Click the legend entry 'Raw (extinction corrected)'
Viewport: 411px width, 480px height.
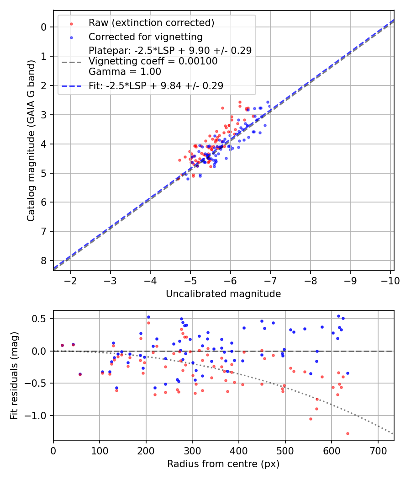(151, 23)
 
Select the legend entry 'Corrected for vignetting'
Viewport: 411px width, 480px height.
(145, 37)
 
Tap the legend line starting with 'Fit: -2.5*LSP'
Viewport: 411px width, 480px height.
(156, 85)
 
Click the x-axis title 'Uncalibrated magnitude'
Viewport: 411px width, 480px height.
(223, 294)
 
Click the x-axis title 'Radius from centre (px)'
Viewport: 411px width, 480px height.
(223, 464)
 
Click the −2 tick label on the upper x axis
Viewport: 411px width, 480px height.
(70, 280)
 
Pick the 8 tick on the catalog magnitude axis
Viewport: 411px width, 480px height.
(44, 261)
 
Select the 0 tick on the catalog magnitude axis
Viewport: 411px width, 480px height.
(44, 27)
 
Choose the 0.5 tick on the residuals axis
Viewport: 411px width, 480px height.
(42, 319)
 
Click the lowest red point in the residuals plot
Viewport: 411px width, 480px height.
(348, 433)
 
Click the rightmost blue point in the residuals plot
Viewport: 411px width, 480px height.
(348, 373)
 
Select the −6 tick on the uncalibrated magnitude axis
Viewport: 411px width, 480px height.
(230, 280)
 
